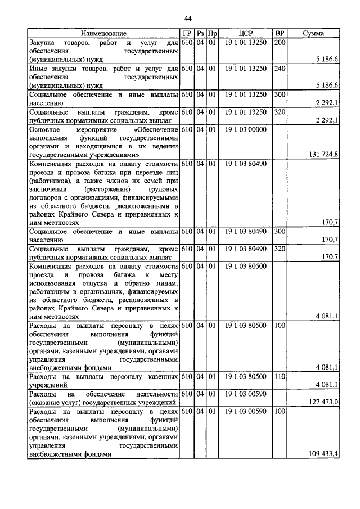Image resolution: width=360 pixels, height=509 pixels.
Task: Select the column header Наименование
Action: pyautogui.click(x=103, y=34)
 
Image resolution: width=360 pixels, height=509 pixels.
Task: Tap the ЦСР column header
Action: pyautogui.click(x=245, y=34)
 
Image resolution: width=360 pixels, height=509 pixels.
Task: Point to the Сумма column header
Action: pyautogui.click(x=313, y=34)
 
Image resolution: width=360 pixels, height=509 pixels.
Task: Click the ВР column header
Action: pyautogui.click(x=280, y=34)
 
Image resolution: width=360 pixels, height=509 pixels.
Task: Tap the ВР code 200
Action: pyautogui.click(x=280, y=43)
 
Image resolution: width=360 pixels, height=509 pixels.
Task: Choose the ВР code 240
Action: pyautogui.click(x=280, y=69)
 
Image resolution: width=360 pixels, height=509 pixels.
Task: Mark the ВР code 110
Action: pyautogui.click(x=280, y=376)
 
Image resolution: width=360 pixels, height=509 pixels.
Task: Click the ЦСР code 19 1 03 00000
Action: pyautogui.click(x=245, y=129)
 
